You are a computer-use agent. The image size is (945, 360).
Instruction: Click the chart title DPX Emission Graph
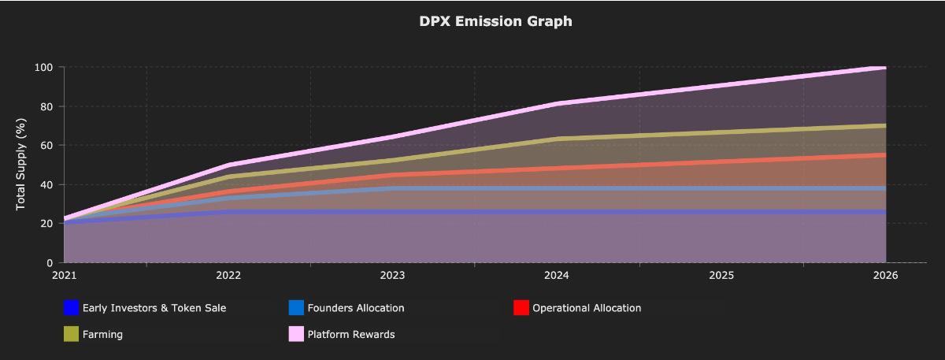tap(495, 21)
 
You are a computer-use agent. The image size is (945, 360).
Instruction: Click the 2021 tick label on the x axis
tap(64, 276)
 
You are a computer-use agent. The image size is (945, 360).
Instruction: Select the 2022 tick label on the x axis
tap(228, 276)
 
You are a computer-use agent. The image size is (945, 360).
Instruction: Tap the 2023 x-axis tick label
tap(392, 276)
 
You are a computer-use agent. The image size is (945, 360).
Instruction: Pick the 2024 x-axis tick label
tap(557, 276)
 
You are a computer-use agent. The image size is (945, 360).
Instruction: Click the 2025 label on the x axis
tap(721, 276)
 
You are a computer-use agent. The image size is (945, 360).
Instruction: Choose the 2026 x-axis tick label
tap(886, 276)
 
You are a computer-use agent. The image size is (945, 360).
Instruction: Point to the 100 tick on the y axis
tap(43, 68)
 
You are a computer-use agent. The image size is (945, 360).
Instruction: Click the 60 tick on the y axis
tap(46, 146)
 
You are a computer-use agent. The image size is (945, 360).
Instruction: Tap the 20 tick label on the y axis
tap(46, 224)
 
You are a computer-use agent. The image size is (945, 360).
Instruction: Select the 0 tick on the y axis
tap(49, 263)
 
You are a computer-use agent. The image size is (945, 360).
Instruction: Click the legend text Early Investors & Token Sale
tap(154, 308)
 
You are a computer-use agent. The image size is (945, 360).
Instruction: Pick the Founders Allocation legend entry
tap(356, 308)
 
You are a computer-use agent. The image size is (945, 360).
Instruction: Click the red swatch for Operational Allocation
tap(521, 308)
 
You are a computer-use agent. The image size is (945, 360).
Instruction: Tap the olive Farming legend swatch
tap(71, 334)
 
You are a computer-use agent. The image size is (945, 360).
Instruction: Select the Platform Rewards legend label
tap(351, 334)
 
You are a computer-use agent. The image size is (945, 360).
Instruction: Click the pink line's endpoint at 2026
tap(885, 68)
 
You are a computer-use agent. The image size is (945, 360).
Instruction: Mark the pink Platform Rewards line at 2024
tap(557, 103)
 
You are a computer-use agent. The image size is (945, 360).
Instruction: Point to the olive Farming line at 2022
tap(228, 176)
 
